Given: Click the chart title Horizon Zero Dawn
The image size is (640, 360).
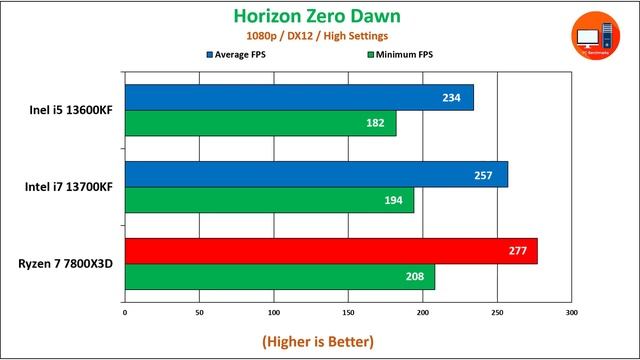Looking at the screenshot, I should [x=319, y=16].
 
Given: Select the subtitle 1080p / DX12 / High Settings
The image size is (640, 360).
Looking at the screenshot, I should [x=319, y=36].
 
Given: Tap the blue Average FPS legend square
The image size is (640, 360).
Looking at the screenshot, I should [x=210, y=54].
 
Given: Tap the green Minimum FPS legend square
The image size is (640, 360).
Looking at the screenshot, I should [x=371, y=54].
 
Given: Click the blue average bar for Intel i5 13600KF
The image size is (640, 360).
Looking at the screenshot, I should [x=299, y=98].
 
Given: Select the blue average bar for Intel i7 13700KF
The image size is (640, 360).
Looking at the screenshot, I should [x=316, y=174].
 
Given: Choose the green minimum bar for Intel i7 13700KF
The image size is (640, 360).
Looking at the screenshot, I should [x=269, y=200].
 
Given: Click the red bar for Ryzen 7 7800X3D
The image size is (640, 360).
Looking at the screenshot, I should [x=331, y=251].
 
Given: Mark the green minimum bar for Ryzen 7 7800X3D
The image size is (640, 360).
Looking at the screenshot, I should [x=280, y=276].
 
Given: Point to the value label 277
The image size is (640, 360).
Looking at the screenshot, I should [x=517, y=251].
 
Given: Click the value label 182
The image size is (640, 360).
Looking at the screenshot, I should [x=376, y=123].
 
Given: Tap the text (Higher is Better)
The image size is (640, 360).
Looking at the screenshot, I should [x=318, y=341].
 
